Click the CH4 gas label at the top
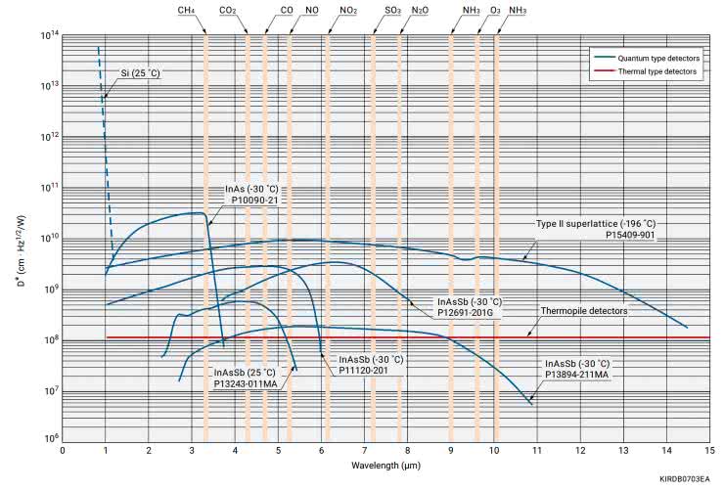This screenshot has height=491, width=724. (x=185, y=10)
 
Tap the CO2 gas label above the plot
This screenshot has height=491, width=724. (x=228, y=10)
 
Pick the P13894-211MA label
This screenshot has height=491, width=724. (x=577, y=374)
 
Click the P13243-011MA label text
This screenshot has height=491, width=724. (x=247, y=383)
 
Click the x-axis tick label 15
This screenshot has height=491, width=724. (x=709, y=450)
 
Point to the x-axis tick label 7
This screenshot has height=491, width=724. (x=364, y=450)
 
